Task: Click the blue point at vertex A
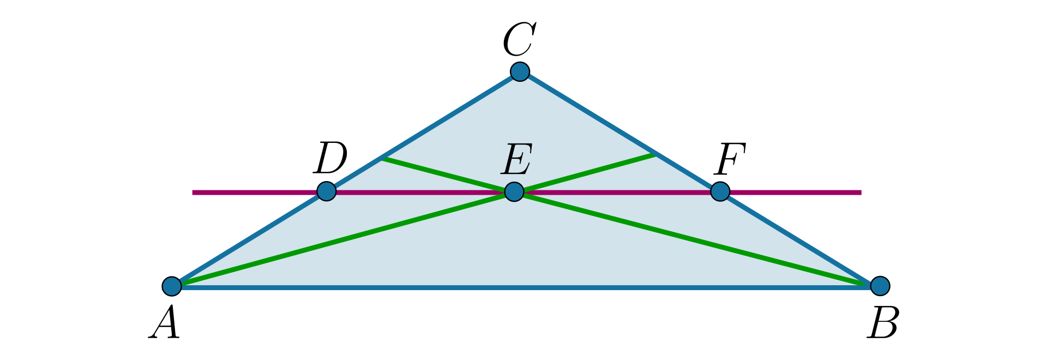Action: [172, 285]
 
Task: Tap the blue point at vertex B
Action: [880, 285]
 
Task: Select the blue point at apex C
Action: [520, 71]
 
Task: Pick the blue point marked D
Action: [326, 191]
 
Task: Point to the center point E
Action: [514, 191]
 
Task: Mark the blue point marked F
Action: [720, 191]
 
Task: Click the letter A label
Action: [165, 323]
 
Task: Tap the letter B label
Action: [883, 323]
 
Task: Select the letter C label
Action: [519, 40]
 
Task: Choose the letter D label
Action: [330, 158]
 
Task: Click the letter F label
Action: [730, 159]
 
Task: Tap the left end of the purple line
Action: [194, 192]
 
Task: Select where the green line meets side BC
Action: [654, 154]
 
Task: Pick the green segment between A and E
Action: [344, 238]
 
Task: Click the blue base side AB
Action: [523, 287]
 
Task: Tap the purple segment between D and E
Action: [420, 192]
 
